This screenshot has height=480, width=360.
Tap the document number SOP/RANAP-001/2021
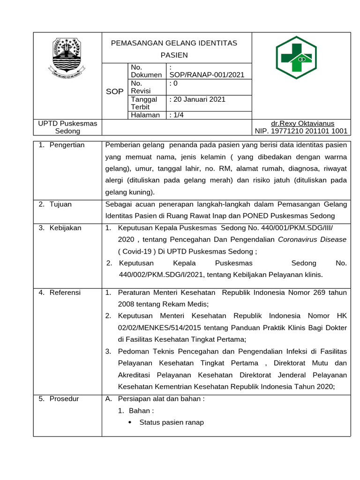click(x=206, y=75)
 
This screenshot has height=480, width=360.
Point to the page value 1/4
click(x=176, y=115)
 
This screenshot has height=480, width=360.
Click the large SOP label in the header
click(x=115, y=91)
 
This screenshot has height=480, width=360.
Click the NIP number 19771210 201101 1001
click(x=301, y=131)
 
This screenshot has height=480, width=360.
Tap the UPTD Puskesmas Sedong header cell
click(x=67, y=127)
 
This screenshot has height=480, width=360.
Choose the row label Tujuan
click(x=60, y=204)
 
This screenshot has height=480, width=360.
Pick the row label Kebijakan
click(x=65, y=228)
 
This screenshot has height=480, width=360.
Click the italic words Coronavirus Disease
click(x=312, y=239)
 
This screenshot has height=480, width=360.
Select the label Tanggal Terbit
click(x=144, y=103)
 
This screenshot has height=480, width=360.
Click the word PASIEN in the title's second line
click(x=174, y=55)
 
